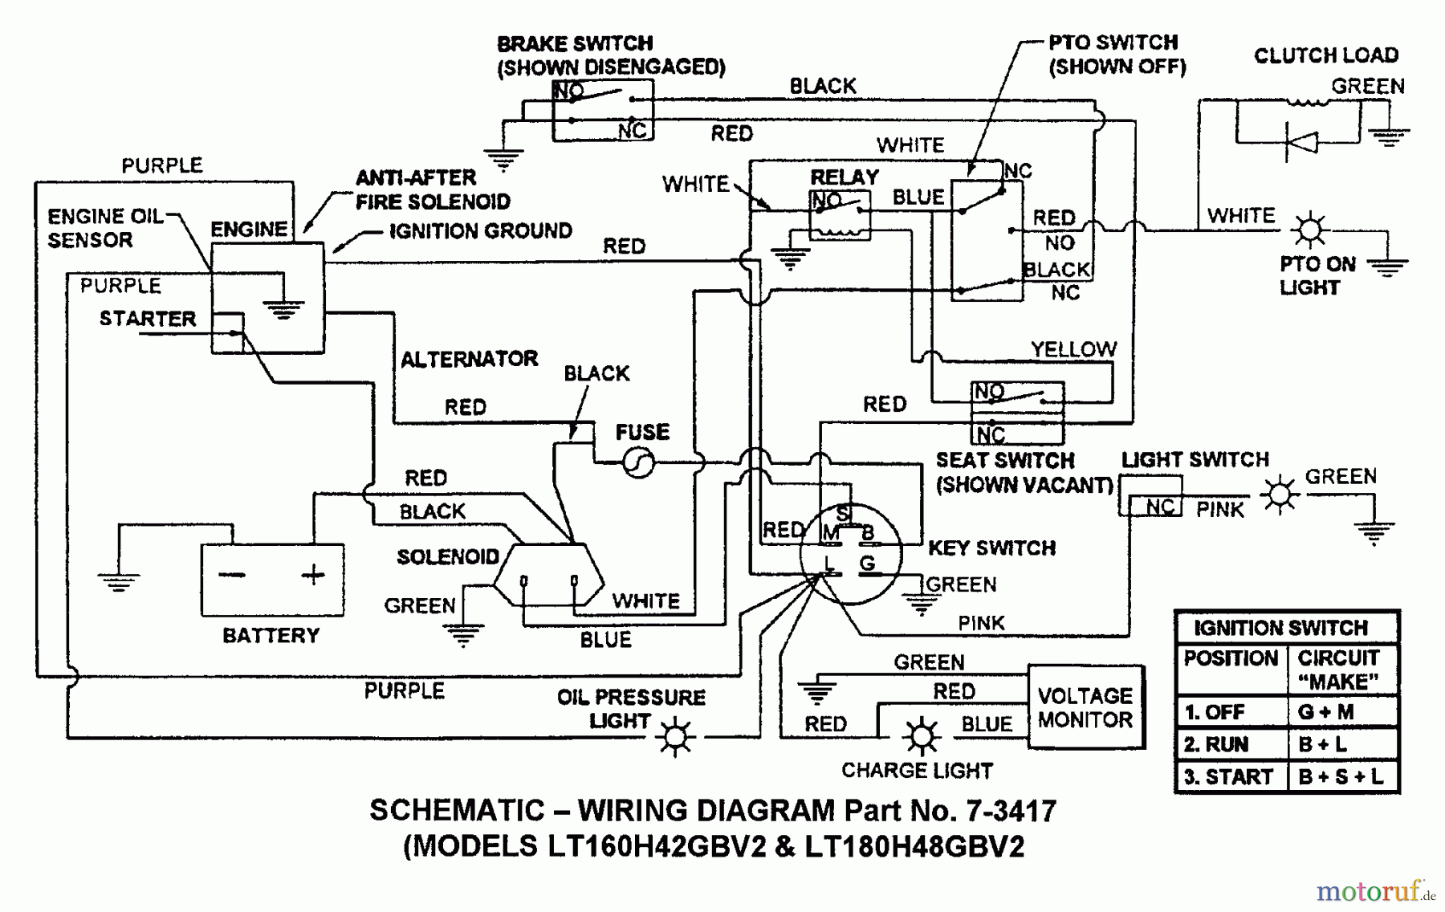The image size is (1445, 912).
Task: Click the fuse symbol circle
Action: [x=639, y=462]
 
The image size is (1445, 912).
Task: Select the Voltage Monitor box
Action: [x=1085, y=707]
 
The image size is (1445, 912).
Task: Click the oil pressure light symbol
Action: [x=675, y=736]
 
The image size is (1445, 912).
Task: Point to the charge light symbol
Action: [x=921, y=735]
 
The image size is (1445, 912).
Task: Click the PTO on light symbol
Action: [x=1310, y=231]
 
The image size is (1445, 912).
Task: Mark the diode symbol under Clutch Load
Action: [x=1301, y=143]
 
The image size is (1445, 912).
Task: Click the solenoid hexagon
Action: [x=548, y=576]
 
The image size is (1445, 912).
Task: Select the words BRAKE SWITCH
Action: [x=575, y=43]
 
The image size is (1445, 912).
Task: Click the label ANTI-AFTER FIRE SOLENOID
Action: [x=432, y=189]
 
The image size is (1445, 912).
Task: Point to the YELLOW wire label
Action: [x=1073, y=349]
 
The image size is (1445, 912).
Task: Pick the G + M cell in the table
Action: [x=1326, y=712]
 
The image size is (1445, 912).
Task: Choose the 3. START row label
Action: [x=1228, y=777]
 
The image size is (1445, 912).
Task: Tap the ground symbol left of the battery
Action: [x=118, y=580]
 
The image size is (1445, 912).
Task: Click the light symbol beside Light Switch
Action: [x=1280, y=494]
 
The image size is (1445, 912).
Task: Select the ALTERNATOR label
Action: [x=469, y=359]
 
